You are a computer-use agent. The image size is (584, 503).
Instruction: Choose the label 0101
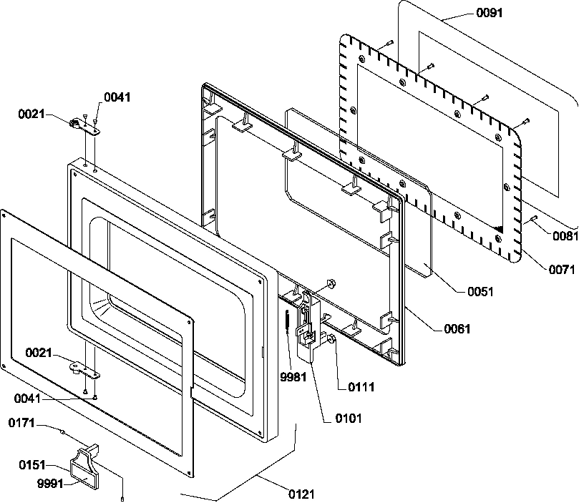pyautogui.click(x=348, y=419)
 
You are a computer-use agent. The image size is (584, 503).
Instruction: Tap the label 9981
pyautogui.click(x=293, y=377)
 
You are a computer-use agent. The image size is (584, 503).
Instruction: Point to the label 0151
pyautogui.click(x=33, y=465)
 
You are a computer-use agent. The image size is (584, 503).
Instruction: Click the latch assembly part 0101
pyautogui.click(x=306, y=326)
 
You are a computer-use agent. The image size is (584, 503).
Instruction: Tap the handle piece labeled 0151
pyautogui.click(x=84, y=462)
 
